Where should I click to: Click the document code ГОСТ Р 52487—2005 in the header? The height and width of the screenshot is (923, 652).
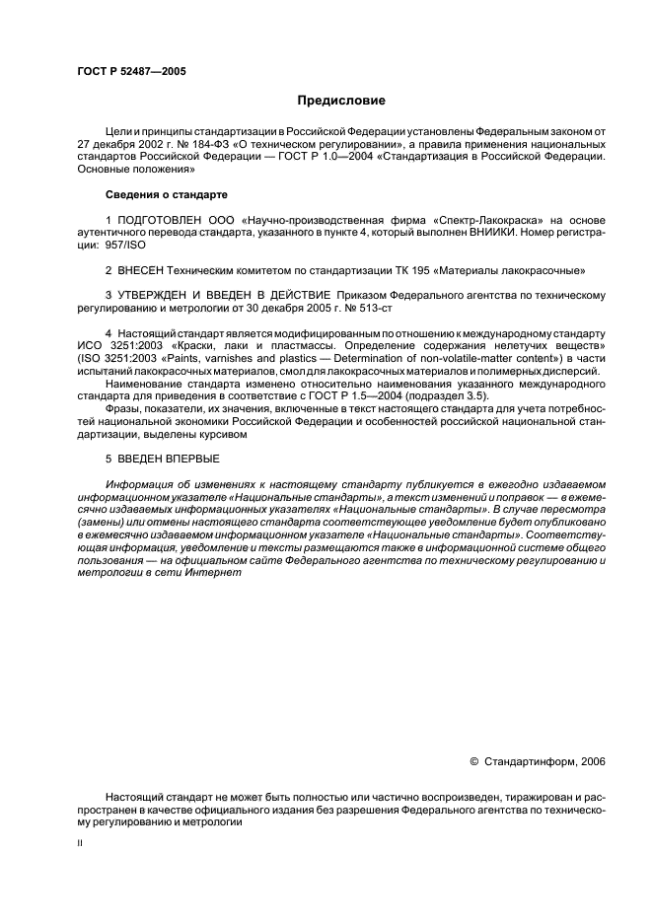130,72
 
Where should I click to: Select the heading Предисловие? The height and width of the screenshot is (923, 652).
341,101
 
